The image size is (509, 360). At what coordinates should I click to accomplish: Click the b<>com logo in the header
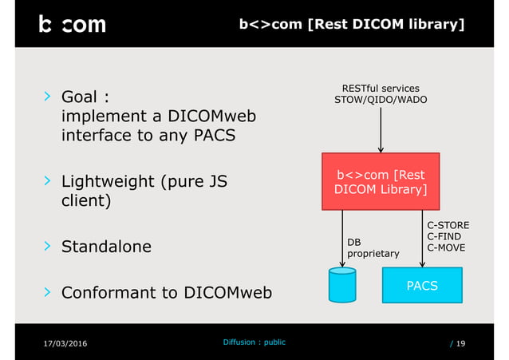click(72, 25)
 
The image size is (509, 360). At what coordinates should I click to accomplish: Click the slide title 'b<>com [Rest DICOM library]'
click(352, 24)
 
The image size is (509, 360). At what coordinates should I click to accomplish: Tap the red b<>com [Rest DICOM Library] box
click(381, 181)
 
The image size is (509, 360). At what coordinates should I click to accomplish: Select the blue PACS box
click(422, 285)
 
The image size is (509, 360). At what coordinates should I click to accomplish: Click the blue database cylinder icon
click(342, 285)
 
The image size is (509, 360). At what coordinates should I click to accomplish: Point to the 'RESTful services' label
click(381, 88)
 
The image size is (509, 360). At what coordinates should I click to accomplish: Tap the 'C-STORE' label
click(448, 226)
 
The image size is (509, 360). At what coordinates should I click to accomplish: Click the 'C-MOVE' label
click(447, 247)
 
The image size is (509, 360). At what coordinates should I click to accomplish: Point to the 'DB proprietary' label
click(373, 247)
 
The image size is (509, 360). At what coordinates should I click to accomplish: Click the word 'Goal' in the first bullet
click(80, 97)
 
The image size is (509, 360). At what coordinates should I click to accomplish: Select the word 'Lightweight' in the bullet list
click(109, 181)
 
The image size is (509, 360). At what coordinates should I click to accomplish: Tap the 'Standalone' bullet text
click(106, 247)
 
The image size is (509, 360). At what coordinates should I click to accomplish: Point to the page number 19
click(461, 343)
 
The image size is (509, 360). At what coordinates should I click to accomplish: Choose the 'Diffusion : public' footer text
click(254, 342)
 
